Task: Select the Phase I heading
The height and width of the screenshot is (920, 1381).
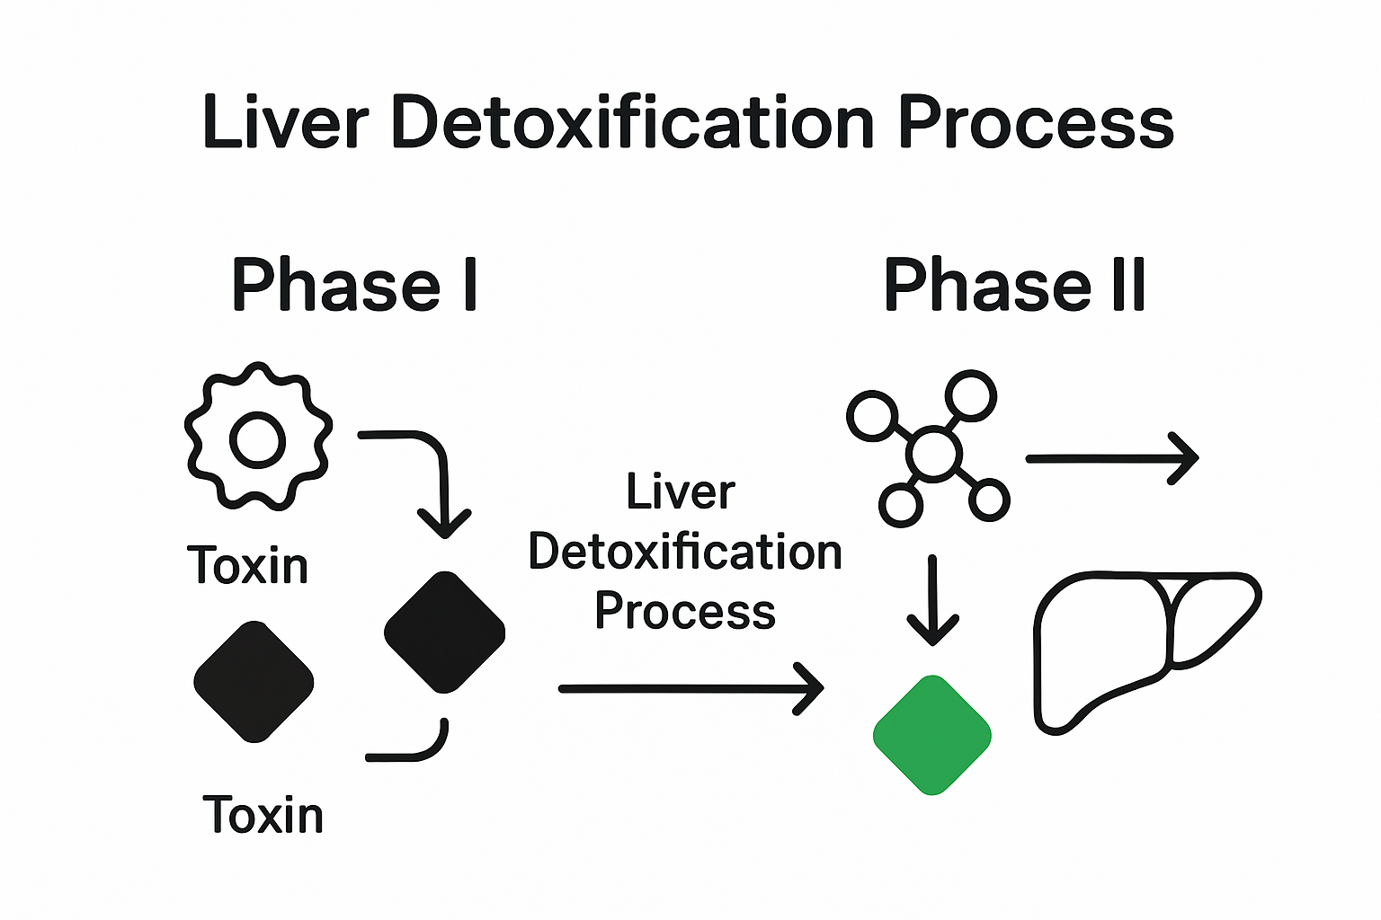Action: pos(354,285)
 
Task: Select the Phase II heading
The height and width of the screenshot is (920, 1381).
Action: pos(1014,285)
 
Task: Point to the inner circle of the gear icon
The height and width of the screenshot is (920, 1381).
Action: pos(258,441)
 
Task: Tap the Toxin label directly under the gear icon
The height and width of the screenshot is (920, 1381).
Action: pos(248,566)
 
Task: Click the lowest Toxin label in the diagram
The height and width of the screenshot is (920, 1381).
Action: pos(263,815)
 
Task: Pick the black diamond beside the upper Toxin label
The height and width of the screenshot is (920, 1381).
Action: pos(254,681)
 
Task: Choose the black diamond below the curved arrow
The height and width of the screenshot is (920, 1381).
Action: pos(444,632)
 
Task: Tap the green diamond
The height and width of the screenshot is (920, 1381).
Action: pos(932,735)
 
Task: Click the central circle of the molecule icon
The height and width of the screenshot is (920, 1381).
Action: pos(934,455)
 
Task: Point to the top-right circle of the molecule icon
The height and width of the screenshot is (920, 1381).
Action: pos(971,395)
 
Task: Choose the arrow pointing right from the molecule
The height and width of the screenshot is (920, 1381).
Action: pos(1111,458)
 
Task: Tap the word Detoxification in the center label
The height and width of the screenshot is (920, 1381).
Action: pos(685,552)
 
